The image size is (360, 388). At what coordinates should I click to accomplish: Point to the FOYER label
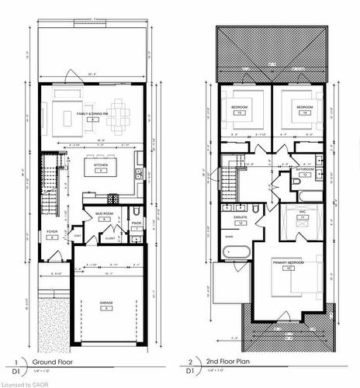53,231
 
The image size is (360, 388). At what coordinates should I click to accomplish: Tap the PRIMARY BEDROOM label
286,263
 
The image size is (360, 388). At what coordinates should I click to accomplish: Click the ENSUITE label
240,218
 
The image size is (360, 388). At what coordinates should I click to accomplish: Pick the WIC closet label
304,213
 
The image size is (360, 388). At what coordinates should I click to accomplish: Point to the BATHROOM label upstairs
304,168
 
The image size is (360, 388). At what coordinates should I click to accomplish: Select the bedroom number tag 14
304,113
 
